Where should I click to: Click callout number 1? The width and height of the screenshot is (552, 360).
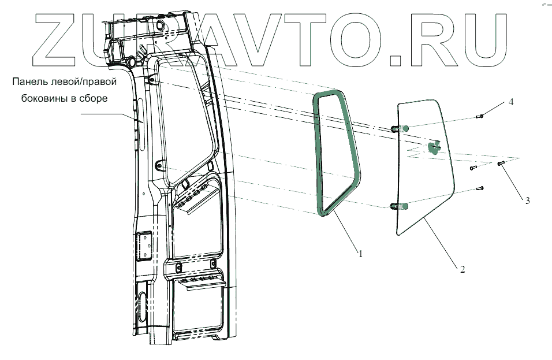(360, 253)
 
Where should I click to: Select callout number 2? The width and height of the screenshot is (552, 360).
(463, 269)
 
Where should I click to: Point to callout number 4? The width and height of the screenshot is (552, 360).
(511, 102)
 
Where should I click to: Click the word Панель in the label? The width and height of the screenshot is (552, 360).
(29, 82)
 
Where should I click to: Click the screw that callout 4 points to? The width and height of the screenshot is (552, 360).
(480, 116)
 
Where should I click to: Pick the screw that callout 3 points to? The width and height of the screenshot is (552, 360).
(501, 165)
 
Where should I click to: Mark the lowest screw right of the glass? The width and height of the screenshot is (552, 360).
(480, 188)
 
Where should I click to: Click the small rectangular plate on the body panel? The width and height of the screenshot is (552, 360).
(143, 247)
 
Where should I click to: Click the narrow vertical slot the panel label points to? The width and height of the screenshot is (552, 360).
(139, 124)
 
